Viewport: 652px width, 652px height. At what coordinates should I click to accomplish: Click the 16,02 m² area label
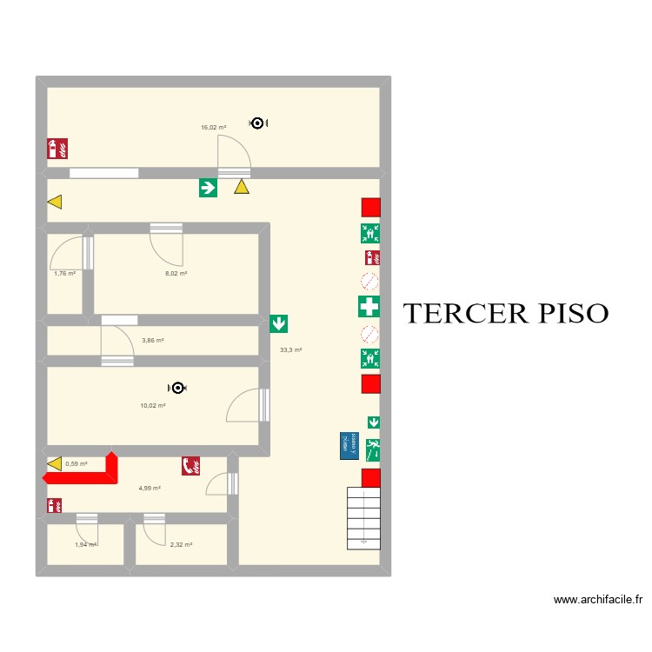click(x=213, y=127)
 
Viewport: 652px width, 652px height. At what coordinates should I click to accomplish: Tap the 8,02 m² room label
click(x=176, y=273)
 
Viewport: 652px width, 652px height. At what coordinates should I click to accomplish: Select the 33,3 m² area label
click(x=290, y=350)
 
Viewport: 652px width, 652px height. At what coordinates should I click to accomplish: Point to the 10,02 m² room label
click(x=153, y=405)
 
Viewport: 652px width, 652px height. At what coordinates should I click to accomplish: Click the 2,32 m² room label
click(x=181, y=544)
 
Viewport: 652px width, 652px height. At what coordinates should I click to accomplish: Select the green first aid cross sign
click(x=369, y=306)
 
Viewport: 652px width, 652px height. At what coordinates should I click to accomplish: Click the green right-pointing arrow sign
click(x=208, y=187)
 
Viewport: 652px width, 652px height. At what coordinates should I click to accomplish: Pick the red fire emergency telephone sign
click(x=190, y=466)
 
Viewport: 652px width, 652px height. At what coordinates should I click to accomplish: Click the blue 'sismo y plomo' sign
click(x=349, y=445)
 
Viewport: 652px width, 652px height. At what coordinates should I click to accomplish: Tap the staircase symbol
click(x=363, y=518)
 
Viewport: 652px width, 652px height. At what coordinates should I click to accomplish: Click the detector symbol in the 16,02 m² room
click(x=256, y=123)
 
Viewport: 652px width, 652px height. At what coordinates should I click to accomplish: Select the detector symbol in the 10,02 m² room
click(x=177, y=388)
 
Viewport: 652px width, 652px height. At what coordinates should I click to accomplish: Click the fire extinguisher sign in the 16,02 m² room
click(x=57, y=149)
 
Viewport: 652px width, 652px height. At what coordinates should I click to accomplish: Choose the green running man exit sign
click(x=373, y=449)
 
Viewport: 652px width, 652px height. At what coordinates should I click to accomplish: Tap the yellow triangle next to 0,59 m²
click(x=55, y=464)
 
